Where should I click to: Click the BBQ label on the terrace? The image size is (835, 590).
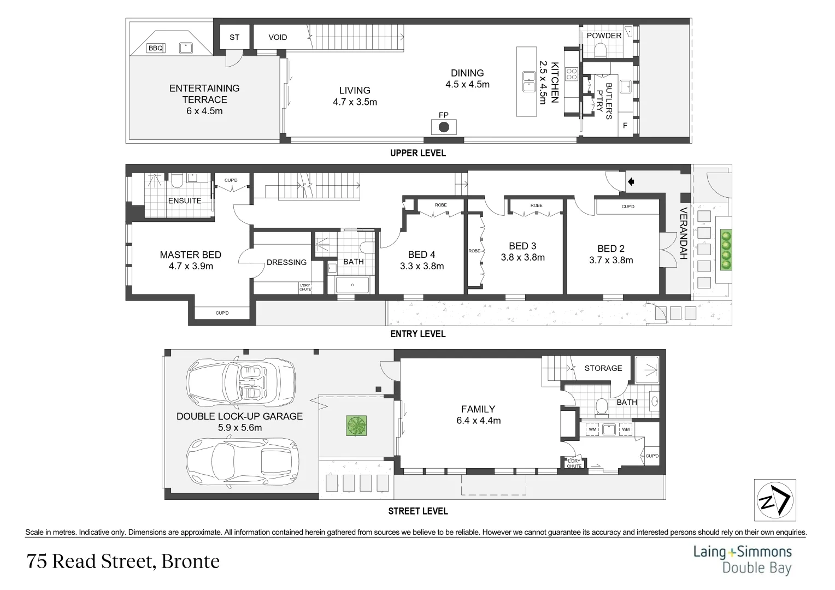156,48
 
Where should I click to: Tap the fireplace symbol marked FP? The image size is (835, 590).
444,127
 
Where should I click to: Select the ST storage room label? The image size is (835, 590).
234,37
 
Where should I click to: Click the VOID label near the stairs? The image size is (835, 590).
278,37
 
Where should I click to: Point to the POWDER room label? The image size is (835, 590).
604,36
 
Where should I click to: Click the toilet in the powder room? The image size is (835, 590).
601,51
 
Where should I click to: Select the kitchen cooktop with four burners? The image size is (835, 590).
572,74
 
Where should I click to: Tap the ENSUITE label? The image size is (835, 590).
185,200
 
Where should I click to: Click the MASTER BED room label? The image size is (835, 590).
190,255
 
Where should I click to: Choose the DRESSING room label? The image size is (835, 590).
286,262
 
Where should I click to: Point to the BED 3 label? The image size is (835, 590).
522,246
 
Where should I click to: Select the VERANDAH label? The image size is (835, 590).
683,233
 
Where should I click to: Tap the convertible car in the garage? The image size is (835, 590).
240,382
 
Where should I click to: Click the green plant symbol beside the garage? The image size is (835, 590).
356,426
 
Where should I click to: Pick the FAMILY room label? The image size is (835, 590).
478,409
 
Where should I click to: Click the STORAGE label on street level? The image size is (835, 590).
603,368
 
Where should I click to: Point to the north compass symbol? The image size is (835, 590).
775,500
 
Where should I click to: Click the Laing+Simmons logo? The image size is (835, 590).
742,559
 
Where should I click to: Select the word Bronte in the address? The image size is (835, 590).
191,561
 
